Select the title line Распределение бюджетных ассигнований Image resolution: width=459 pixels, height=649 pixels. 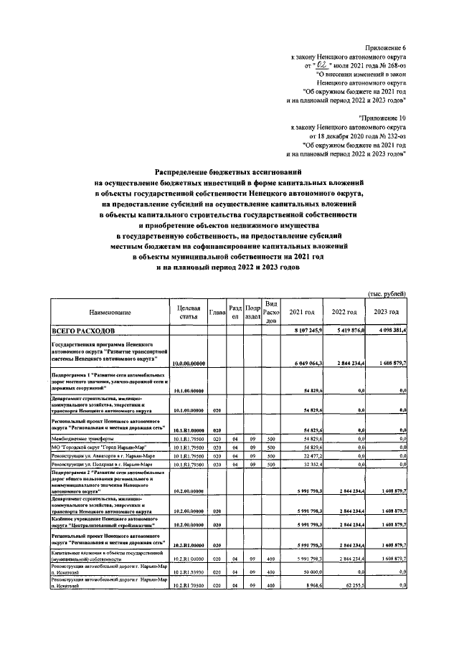229,172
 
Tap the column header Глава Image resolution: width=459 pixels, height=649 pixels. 217,313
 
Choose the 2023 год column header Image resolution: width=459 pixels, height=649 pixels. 387,313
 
